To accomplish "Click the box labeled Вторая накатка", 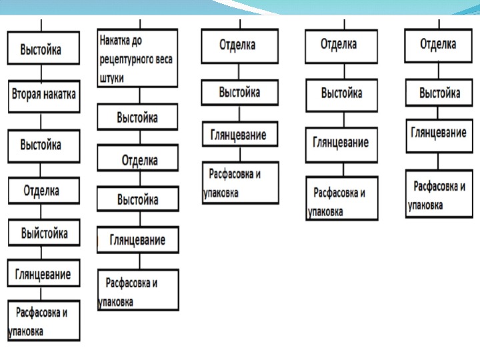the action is pyautogui.click(x=43, y=95).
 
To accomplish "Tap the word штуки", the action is pyautogui.click(x=114, y=77).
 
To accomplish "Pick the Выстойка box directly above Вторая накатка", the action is pyautogui.click(x=43, y=49).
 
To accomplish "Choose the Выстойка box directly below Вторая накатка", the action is pyautogui.click(x=43, y=145).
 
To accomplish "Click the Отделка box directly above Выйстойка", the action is pyautogui.click(x=43, y=191).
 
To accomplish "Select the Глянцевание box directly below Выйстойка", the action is pyautogui.click(x=43, y=274).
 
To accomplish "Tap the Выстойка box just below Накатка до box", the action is pyautogui.click(x=138, y=117).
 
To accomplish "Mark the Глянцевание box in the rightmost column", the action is pyautogui.click(x=438, y=134).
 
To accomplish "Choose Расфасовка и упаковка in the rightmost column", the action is pyautogui.click(x=438, y=194).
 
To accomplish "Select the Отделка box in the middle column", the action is pyautogui.click(x=239, y=46).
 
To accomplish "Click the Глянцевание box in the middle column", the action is pyautogui.click(x=239, y=135).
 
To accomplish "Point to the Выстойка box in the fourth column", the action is pyautogui.click(x=341, y=93).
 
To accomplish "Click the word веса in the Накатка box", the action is pyautogui.click(x=161, y=59).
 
